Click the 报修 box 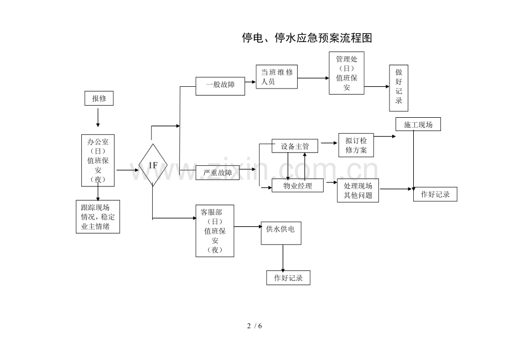click(99, 98)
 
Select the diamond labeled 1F click(153, 165)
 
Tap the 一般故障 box click(220, 86)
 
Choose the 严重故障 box click(217, 173)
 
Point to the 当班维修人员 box click(277, 77)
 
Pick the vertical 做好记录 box click(399, 88)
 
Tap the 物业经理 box click(298, 186)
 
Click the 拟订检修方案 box click(356, 145)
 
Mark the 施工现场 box click(418, 124)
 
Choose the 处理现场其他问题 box click(358, 191)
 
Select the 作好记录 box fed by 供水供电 click(288, 278)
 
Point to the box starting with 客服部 click(215, 231)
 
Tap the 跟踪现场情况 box click(98, 217)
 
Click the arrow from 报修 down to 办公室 click(98, 117)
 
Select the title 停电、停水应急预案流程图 click(307, 38)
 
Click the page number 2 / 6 click(254, 326)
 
